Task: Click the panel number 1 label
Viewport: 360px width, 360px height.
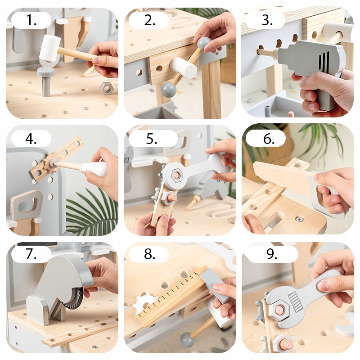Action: [31, 20]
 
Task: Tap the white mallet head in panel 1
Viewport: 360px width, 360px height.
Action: [50, 48]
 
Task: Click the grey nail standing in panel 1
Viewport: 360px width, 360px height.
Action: [46, 81]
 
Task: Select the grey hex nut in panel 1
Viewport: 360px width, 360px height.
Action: [107, 88]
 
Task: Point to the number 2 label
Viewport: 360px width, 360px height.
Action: [150, 20]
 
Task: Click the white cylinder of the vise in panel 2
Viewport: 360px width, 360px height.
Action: [184, 67]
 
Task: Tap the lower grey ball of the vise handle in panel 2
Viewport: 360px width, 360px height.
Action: [169, 90]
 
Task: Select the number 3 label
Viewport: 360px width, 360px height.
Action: [267, 20]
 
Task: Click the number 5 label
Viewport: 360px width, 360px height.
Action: [152, 139]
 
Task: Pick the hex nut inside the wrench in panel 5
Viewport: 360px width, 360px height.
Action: [177, 175]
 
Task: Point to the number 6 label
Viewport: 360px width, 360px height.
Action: [269, 139]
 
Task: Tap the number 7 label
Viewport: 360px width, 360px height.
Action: [31, 254]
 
